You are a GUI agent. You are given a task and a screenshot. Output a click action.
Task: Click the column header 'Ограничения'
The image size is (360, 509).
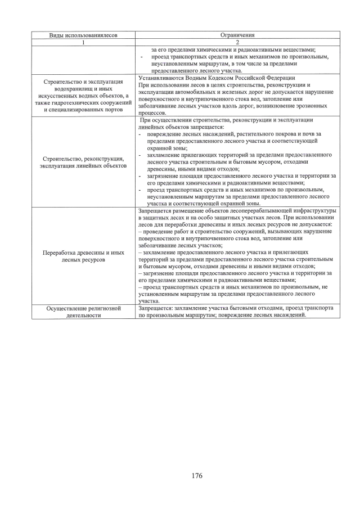(237, 35)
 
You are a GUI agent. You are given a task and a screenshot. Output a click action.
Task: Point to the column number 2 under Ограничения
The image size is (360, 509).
(237, 42)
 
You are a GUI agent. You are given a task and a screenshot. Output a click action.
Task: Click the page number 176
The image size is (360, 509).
(196, 476)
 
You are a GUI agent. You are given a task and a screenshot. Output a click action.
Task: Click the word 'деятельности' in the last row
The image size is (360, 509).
(83, 316)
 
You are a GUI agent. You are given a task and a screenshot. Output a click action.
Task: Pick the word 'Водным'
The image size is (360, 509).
(198, 78)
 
